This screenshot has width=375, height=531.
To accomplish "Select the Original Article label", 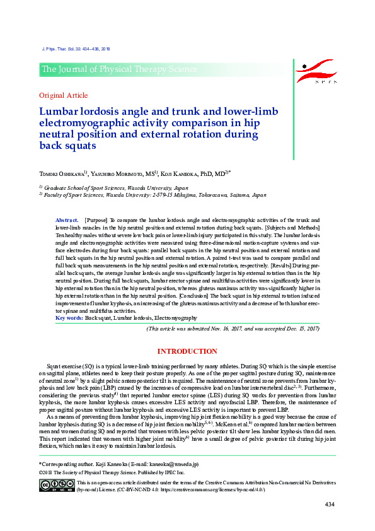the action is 63,95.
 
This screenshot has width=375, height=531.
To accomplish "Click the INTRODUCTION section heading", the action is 187,351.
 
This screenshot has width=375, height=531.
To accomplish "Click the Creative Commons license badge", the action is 57,485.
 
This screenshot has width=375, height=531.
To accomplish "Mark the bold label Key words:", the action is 69,318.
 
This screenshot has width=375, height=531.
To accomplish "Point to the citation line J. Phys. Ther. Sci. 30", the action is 75,48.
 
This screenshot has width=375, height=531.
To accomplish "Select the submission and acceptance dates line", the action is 233,329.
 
